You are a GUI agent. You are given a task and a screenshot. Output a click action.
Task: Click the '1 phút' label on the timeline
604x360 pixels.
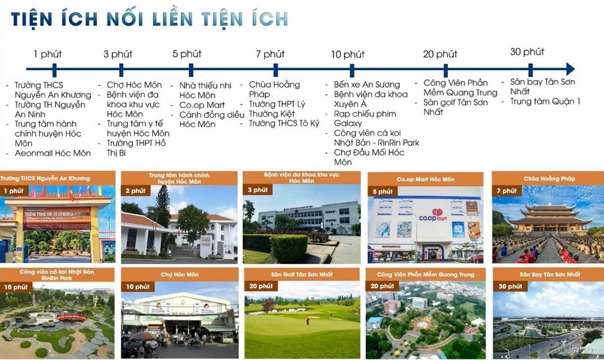[48, 54]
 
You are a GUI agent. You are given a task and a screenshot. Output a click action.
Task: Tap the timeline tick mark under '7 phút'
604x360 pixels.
[275, 70]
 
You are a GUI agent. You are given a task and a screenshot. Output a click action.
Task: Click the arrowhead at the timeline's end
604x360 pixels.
[570, 69]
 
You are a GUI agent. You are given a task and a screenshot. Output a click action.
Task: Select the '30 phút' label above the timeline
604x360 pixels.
[527, 52]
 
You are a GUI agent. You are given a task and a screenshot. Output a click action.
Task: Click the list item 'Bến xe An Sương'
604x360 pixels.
[367, 85]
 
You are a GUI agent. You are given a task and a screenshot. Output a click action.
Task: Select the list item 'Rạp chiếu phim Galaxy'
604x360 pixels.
[365, 118]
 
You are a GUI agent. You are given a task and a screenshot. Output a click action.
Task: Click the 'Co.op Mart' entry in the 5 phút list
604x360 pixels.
[202, 105]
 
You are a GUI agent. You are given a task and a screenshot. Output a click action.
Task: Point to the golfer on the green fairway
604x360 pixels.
[307, 321]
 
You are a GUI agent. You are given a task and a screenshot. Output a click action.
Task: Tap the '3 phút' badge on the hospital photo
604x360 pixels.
[257, 190]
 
